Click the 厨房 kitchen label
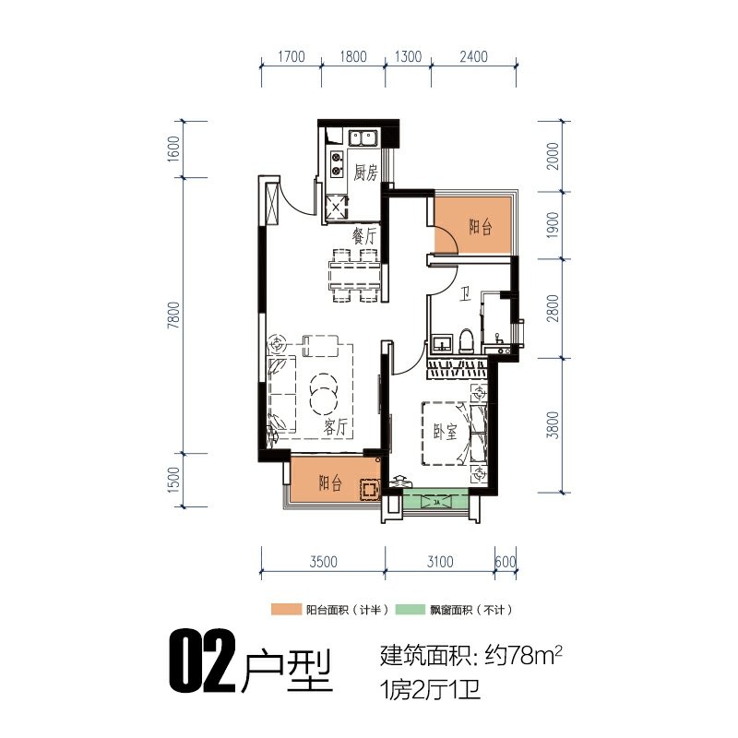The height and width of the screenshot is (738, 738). [x=365, y=173]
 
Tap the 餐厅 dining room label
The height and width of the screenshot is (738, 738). [x=364, y=236]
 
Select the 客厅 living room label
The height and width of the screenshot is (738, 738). [x=336, y=427]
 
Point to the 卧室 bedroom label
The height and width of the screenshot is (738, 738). [x=446, y=431]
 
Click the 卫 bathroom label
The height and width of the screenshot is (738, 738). [x=465, y=296]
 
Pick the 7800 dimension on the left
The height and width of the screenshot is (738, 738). [x=173, y=315]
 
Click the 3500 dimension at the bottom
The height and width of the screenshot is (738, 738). [x=324, y=562]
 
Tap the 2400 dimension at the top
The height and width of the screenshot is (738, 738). [x=473, y=56]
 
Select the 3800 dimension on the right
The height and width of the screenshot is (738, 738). [x=553, y=425]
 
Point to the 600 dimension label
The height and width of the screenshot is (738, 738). [x=506, y=562]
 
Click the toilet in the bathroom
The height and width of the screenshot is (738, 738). [x=466, y=340]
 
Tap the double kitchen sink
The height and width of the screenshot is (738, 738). [x=363, y=138]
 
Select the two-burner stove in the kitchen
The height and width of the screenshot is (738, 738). [x=336, y=164]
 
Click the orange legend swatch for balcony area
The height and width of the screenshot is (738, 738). [x=286, y=610]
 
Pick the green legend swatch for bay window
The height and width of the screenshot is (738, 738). [x=410, y=610]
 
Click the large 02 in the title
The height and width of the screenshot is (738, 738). [x=202, y=661]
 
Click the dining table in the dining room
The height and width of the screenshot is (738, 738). [x=355, y=275]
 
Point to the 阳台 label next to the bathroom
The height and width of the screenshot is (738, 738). [x=481, y=227]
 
